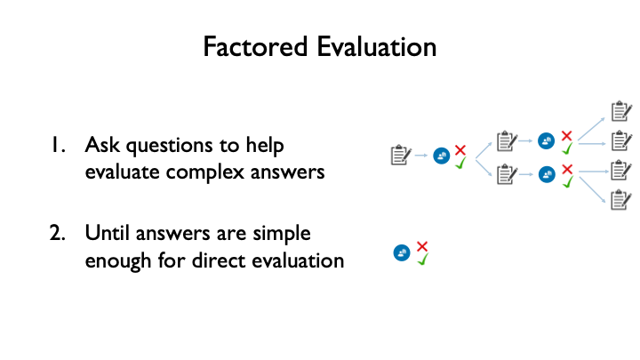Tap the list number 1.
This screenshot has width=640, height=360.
pyautogui.click(x=59, y=145)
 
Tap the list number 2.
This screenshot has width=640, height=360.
pyautogui.click(x=59, y=234)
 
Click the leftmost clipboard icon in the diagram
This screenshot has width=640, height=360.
pyautogui.click(x=401, y=156)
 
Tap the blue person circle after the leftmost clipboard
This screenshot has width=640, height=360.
pyautogui.click(x=441, y=156)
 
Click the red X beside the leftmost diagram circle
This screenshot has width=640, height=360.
pyautogui.click(x=460, y=149)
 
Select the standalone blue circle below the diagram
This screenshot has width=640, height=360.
pyautogui.click(x=402, y=253)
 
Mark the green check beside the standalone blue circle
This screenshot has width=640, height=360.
pyautogui.click(x=423, y=260)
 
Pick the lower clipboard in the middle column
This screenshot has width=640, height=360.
pyautogui.click(x=506, y=173)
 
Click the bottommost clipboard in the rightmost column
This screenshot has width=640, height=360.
pyautogui.click(x=621, y=198)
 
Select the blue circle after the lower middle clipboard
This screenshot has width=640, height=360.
pyautogui.click(x=546, y=173)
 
